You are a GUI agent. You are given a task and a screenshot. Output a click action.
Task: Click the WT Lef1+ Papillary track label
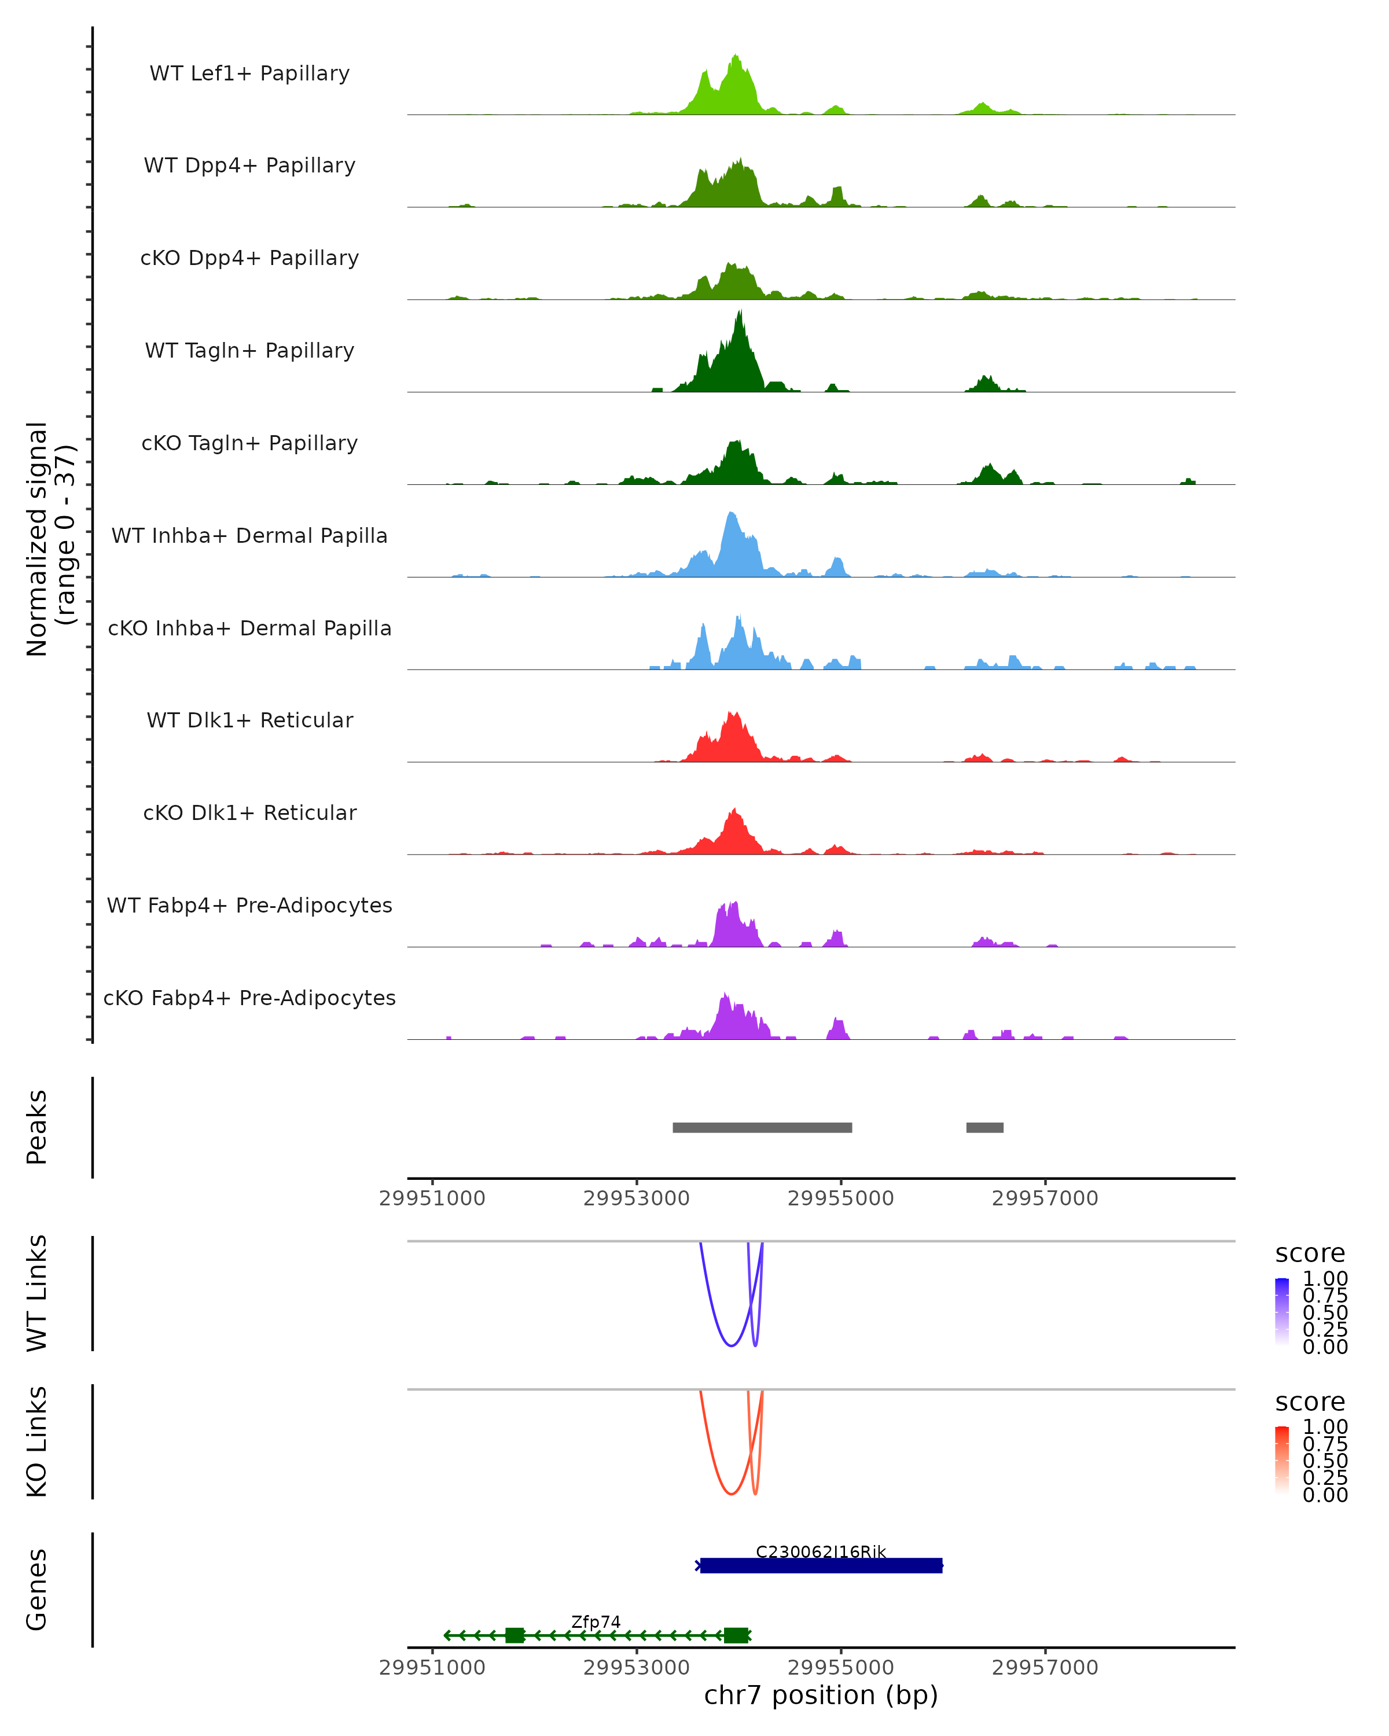(249, 73)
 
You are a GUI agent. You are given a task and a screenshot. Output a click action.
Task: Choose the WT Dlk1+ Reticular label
(249, 720)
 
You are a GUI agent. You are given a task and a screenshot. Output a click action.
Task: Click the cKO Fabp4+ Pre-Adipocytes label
(249, 998)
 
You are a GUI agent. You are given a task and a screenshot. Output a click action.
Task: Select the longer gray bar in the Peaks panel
(762, 1127)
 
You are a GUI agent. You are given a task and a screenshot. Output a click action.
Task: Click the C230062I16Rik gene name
(821, 1553)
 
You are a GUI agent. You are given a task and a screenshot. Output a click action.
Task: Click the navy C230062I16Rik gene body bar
(821, 1566)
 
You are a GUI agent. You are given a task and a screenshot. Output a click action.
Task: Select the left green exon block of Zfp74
(515, 1635)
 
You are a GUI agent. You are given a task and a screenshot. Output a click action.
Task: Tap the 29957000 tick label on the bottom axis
(1045, 1668)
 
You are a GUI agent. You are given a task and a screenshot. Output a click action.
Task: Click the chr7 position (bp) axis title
(821, 1695)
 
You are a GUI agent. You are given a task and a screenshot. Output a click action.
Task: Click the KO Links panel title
(37, 1442)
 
